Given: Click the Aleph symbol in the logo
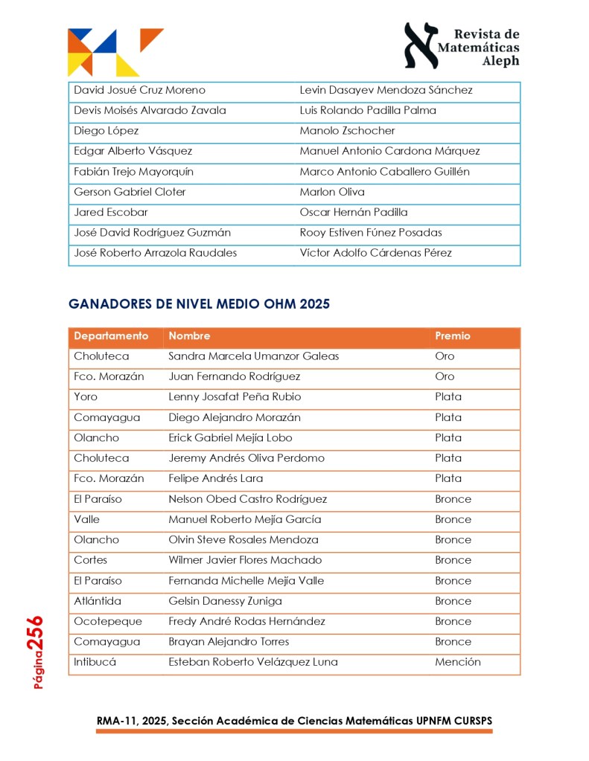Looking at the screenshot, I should tap(421, 45).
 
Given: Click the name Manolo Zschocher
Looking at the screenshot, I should tap(347, 131).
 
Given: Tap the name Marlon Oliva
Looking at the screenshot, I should tap(332, 192).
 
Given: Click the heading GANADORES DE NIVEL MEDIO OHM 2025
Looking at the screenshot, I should tap(199, 304).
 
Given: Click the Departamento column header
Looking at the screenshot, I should tap(112, 336).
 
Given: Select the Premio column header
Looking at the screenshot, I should tap(453, 336).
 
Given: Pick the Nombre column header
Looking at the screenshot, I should tap(189, 336).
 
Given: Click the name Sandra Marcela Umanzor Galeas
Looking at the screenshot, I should tap(254, 356).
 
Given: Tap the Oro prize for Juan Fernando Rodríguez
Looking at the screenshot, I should tap(445, 376).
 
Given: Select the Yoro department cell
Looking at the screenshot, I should tap(86, 397).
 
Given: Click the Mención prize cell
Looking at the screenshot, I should tap(458, 662).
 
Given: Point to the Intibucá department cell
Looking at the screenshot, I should tap(96, 662).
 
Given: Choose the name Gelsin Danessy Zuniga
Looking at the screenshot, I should tap(226, 601).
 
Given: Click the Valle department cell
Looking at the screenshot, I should tap(86, 519).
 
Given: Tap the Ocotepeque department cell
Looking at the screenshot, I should tap(108, 621).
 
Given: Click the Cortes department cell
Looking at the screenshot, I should tap(91, 560).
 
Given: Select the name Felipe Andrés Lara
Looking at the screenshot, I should tap(216, 478).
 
